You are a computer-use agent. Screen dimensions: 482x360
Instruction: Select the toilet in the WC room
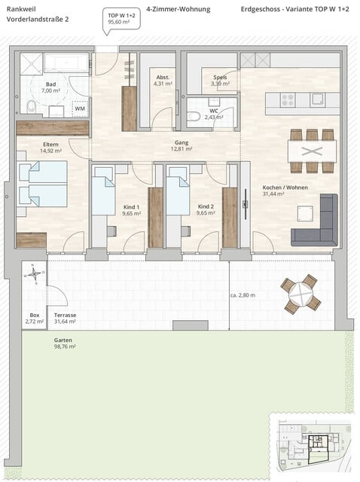click(194, 117)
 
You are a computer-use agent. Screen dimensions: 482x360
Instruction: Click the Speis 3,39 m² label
click(220, 81)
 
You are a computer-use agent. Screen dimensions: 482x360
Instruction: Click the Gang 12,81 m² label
click(182, 146)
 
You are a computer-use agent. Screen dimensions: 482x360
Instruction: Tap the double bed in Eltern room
click(42, 184)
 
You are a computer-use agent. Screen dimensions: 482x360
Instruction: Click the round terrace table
click(300, 294)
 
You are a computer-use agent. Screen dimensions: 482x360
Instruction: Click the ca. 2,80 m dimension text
click(243, 295)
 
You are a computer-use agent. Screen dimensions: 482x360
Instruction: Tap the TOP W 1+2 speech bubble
click(120, 19)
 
